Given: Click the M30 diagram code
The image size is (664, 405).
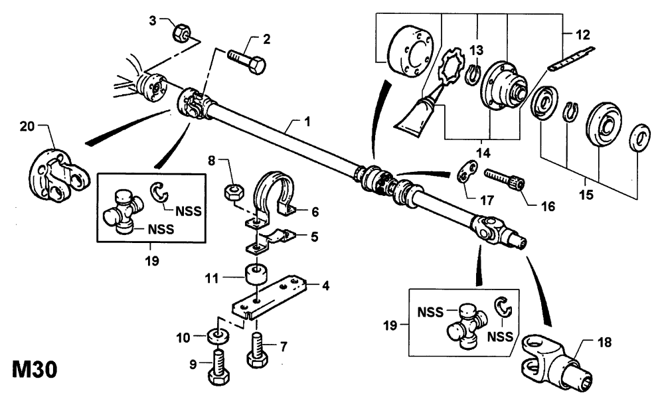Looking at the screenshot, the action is (x=35, y=369).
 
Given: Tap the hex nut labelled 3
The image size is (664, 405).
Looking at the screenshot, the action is (x=182, y=33).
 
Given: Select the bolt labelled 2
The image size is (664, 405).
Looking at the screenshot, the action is (x=247, y=62).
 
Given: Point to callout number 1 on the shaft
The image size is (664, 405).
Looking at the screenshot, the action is (x=307, y=121).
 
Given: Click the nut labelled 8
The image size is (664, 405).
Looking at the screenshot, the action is (x=233, y=193).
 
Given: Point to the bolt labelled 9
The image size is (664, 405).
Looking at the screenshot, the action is (x=219, y=366).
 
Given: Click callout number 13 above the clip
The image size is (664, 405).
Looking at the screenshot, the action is (x=477, y=50).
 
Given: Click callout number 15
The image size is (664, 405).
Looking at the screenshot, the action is (x=586, y=195).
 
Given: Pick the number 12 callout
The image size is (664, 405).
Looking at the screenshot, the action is (x=583, y=35).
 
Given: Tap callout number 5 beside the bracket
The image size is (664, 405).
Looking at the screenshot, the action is (x=314, y=237).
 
